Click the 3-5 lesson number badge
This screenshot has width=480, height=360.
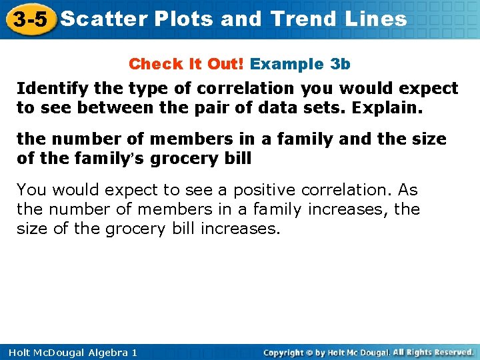coord(28,19)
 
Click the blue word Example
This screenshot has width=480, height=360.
coord(287,64)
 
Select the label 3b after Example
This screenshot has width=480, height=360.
coord(340,64)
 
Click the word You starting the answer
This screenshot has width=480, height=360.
coord(31,190)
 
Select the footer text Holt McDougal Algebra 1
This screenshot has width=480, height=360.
coord(69,352)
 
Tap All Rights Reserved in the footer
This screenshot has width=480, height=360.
coord(433,352)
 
